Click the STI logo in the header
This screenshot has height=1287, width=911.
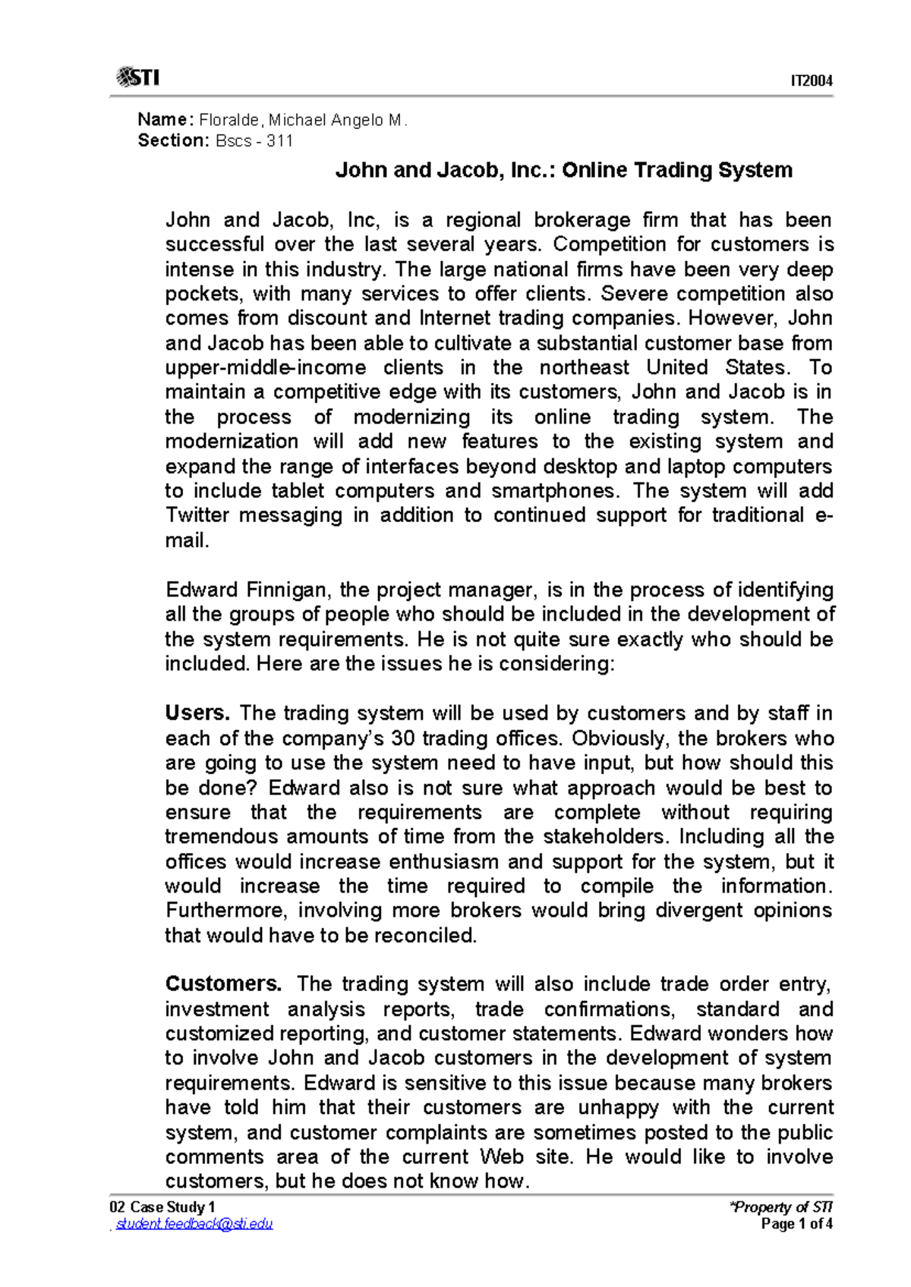(137, 77)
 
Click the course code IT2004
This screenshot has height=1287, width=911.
(812, 80)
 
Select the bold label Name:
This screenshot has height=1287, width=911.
(166, 119)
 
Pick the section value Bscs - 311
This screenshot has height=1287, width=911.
(254, 140)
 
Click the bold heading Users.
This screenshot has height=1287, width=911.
(197, 713)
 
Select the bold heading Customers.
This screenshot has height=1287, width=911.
(223, 984)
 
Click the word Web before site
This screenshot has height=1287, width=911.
(501, 1156)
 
